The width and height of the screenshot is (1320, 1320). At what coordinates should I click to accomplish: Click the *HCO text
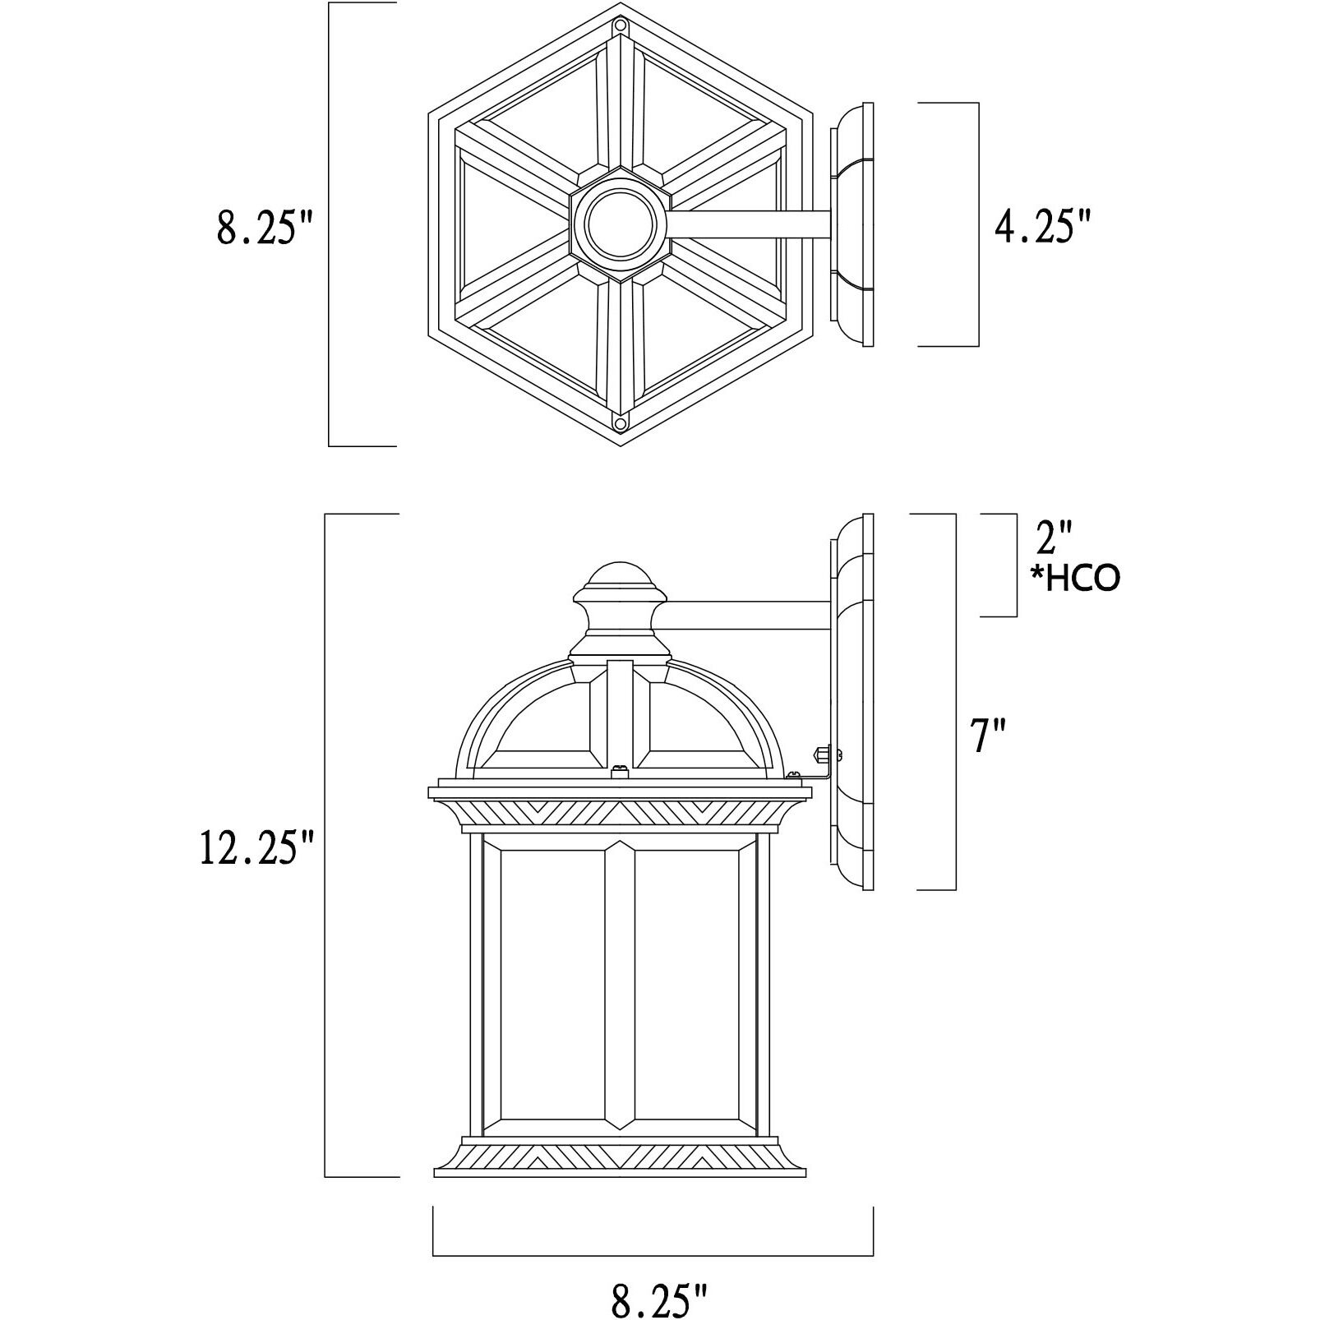tap(1076, 579)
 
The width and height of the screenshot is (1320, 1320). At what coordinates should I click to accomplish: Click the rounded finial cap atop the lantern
tap(620, 576)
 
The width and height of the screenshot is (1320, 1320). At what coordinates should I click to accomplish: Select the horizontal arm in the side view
tap(748, 616)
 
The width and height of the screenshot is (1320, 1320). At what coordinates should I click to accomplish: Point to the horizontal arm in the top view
tap(748, 224)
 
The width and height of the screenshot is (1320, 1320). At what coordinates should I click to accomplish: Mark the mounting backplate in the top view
tap(853, 224)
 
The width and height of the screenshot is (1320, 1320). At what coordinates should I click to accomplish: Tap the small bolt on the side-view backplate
tap(823, 752)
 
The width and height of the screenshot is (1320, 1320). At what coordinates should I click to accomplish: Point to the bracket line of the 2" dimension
tap(1016, 565)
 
